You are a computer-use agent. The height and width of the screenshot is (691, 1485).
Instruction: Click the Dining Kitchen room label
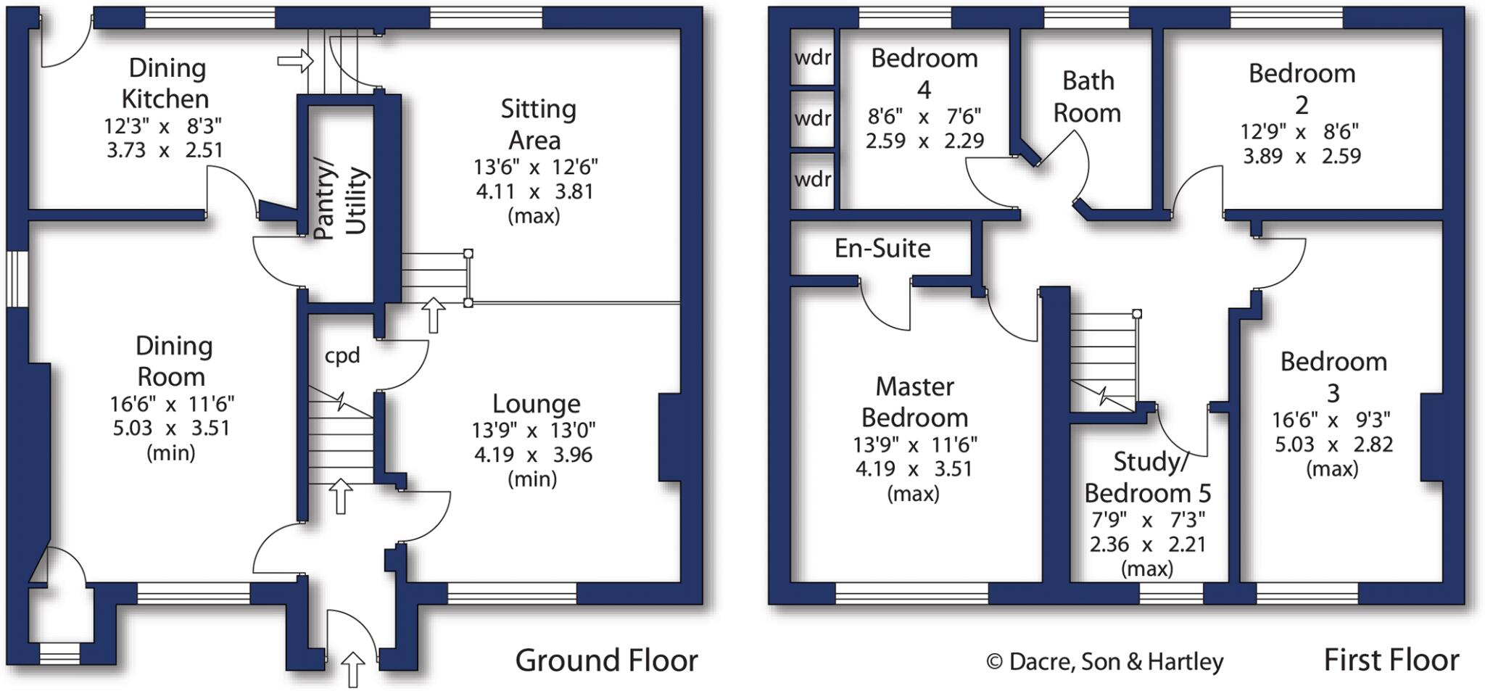point(166,83)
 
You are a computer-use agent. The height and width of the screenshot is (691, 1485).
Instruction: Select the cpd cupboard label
point(342,355)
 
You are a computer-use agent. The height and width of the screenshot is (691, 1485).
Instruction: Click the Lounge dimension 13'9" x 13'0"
point(534,431)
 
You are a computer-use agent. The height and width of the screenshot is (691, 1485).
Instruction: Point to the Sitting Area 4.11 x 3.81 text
point(534,192)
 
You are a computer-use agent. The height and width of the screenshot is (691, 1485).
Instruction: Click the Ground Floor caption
point(606,661)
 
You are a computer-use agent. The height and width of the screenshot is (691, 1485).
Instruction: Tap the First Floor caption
point(1391,661)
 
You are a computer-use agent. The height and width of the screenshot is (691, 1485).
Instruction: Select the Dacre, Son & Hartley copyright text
point(1105,662)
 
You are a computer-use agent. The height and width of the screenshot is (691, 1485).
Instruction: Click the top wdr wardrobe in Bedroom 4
point(812,57)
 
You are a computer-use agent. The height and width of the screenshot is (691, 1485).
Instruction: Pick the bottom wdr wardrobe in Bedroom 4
point(812,179)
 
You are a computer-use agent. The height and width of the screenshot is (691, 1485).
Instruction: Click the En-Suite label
point(882,249)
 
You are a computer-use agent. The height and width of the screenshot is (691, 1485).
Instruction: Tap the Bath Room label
point(1087,96)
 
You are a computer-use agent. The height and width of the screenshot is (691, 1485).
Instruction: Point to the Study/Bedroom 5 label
point(1147,477)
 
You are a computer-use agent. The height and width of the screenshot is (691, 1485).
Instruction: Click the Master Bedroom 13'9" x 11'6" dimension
point(915,444)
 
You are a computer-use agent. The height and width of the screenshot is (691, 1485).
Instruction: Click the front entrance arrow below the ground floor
point(353,669)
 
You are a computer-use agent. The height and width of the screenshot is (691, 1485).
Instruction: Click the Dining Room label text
point(173,361)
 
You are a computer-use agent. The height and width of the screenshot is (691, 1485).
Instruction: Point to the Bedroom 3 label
point(1333,377)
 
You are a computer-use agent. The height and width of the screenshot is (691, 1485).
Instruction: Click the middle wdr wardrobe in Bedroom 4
point(812,118)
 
